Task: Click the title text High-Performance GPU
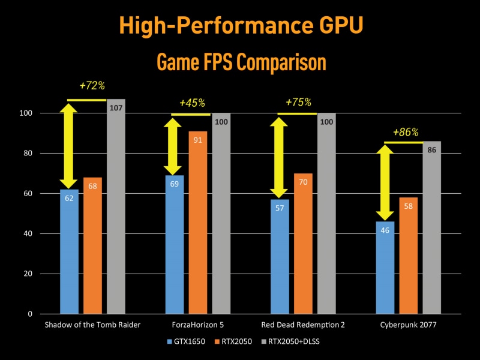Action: tap(240, 26)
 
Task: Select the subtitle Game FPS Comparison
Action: tap(240, 62)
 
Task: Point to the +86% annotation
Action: tap(406, 132)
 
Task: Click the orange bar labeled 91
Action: tap(197, 222)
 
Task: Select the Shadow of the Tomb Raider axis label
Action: tap(92, 325)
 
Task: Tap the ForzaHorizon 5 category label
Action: tap(197, 325)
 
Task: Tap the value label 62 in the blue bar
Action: tap(69, 198)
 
